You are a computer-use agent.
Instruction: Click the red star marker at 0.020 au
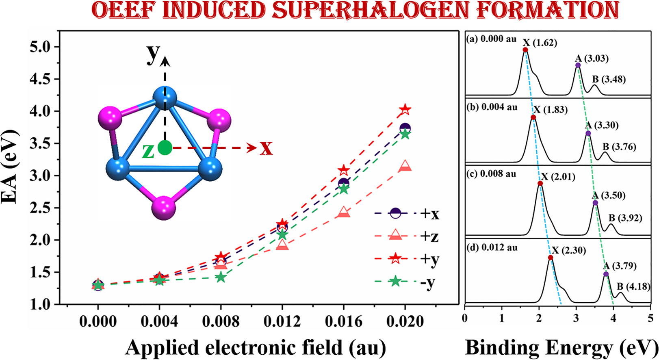(x=405, y=109)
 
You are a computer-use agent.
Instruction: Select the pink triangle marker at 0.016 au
(x=344, y=212)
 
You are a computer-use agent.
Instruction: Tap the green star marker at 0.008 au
(x=221, y=277)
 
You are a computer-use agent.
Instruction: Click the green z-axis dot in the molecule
(x=165, y=147)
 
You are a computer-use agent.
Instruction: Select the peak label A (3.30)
(x=603, y=126)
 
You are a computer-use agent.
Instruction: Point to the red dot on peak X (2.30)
(x=551, y=258)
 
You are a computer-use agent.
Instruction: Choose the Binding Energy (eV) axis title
(x=561, y=348)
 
